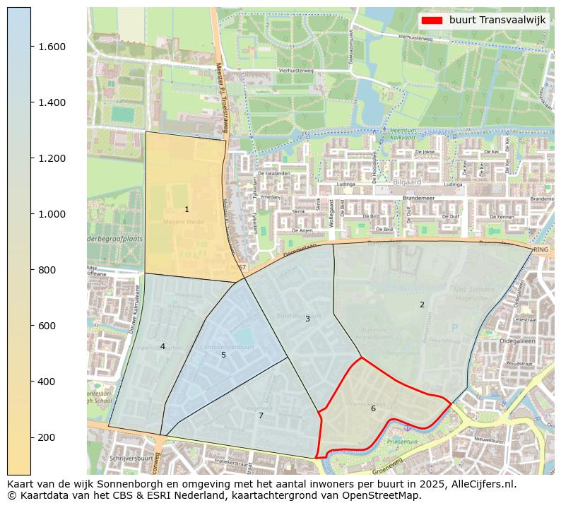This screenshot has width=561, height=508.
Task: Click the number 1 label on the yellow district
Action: tap(187, 209)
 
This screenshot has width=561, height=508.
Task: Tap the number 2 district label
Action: tap(422, 305)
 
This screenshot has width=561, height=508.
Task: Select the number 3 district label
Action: tap(307, 319)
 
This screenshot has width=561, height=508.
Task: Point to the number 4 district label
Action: tap(163, 346)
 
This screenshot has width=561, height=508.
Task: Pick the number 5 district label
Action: tap(223, 355)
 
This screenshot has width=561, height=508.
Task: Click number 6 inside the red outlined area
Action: tap(373, 408)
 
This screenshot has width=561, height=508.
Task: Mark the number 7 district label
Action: tap(261, 415)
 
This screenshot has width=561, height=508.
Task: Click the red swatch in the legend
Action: tap(431, 20)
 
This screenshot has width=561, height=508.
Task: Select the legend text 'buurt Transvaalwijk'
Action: tap(497, 20)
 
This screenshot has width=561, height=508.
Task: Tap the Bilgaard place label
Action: tap(406, 182)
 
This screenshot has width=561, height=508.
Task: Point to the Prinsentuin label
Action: tap(403, 442)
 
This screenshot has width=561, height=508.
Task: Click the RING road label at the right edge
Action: tap(541, 250)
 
